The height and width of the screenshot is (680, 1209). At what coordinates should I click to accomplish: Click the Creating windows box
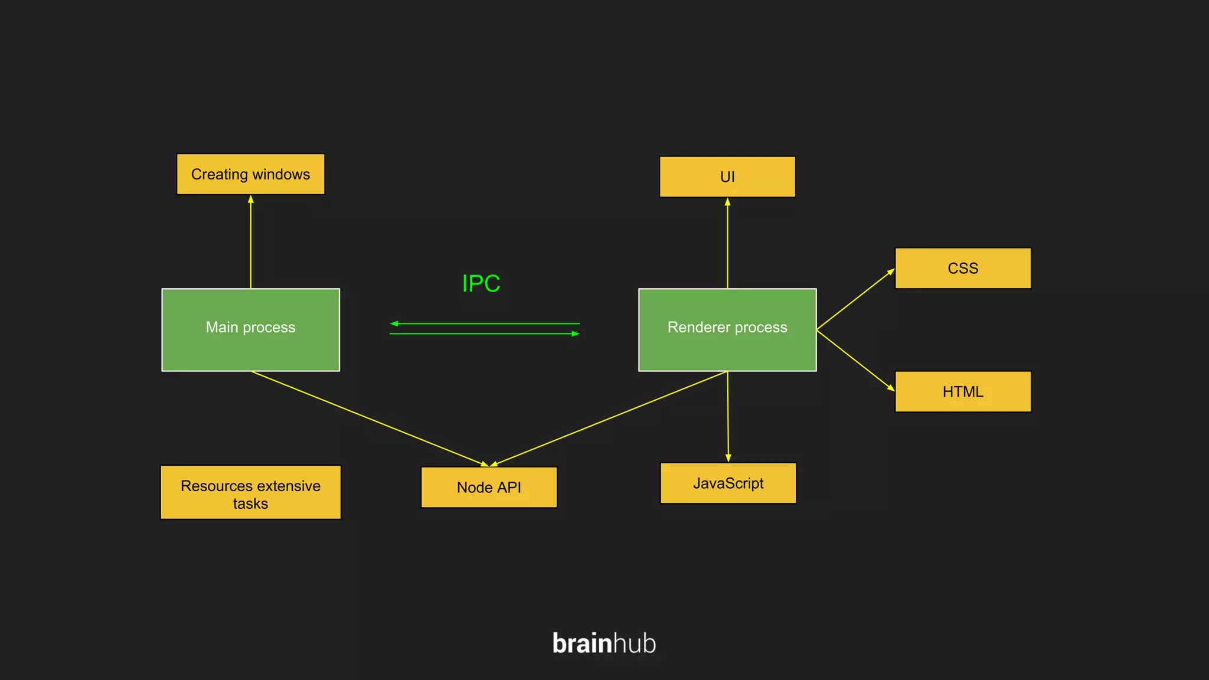point(250,174)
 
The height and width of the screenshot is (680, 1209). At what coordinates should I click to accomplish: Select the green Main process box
point(250,329)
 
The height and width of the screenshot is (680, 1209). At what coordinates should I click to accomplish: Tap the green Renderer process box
point(727,329)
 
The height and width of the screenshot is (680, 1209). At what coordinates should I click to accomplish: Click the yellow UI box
point(727,176)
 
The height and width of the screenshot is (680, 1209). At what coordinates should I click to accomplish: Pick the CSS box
point(963,268)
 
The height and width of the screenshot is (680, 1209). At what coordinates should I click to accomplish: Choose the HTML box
point(963,391)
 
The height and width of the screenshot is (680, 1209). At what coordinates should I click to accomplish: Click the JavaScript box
point(728,483)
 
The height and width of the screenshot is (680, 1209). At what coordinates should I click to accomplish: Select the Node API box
point(489,487)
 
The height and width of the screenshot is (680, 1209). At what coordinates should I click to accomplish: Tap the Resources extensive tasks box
point(250,492)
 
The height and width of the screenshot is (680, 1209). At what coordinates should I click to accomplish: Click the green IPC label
point(481,283)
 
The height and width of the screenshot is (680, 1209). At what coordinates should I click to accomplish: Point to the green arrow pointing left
point(484,323)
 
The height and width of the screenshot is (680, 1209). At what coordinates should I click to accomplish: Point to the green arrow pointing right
point(484,334)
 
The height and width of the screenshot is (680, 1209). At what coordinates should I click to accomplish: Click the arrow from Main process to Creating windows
point(251,242)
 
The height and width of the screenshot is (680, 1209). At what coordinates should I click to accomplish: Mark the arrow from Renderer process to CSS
point(855,299)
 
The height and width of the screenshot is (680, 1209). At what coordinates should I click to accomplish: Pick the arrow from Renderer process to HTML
point(855,360)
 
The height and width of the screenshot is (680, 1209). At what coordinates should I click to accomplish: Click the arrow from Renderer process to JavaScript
point(728,416)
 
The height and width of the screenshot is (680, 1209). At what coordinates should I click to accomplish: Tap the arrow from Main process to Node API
point(369,419)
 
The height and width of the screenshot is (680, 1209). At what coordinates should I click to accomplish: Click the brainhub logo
point(604,643)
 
